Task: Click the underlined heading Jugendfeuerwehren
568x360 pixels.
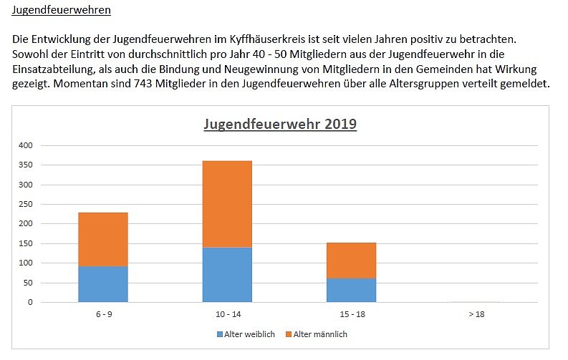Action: (x=62, y=11)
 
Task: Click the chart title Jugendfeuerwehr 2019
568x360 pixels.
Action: (x=280, y=123)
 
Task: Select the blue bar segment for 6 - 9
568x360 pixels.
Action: (x=103, y=284)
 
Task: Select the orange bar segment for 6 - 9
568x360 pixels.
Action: (x=103, y=239)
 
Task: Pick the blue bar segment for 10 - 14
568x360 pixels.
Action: (x=227, y=275)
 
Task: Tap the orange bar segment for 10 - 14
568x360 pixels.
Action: (x=227, y=204)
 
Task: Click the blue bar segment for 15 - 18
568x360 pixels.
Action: (x=351, y=290)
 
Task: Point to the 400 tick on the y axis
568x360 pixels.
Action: (x=27, y=145)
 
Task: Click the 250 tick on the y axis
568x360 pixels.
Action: (x=27, y=204)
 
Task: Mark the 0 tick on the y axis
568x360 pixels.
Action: (x=31, y=302)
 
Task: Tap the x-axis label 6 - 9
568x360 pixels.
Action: (x=103, y=314)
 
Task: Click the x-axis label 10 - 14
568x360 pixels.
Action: (x=227, y=314)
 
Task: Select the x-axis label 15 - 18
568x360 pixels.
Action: (x=351, y=314)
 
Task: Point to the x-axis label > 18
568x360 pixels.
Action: (x=475, y=314)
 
